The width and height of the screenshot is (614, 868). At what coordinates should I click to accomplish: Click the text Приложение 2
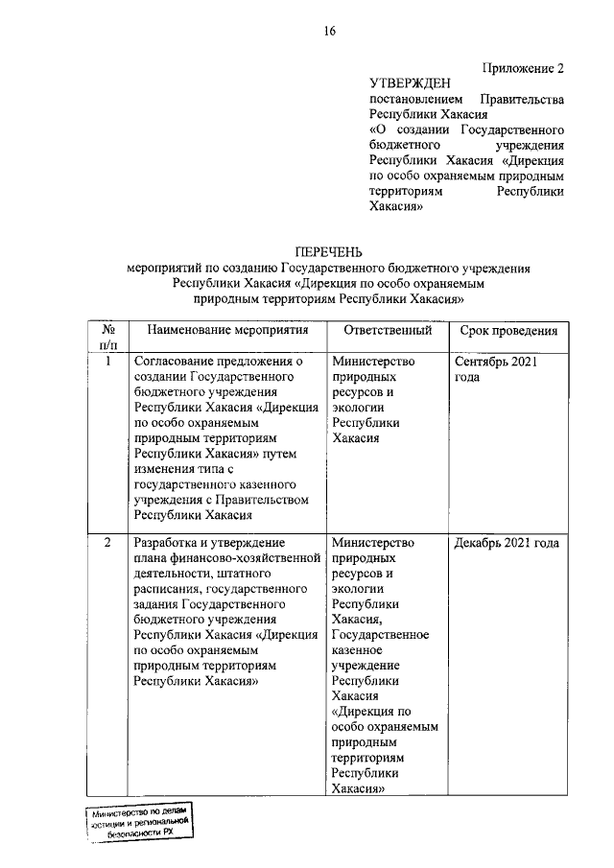[x=523, y=68]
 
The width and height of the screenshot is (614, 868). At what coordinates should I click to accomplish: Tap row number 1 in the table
[x=108, y=362]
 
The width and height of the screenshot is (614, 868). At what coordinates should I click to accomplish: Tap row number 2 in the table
[x=108, y=544]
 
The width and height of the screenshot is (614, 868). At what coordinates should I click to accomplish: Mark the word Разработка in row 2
[x=169, y=544]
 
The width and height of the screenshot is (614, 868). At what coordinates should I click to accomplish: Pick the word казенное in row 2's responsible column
[x=360, y=650]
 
